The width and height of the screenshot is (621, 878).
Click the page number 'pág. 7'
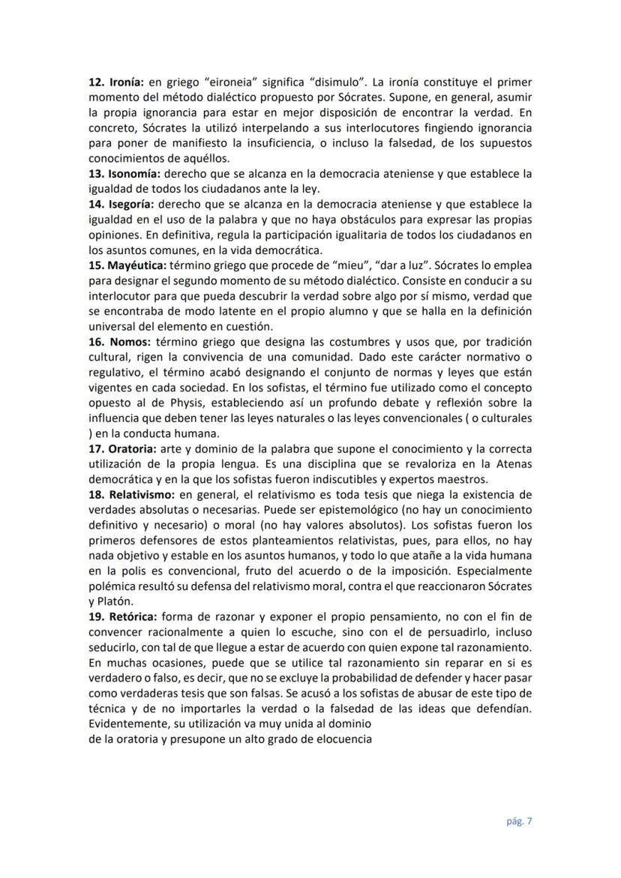tap(517, 820)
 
